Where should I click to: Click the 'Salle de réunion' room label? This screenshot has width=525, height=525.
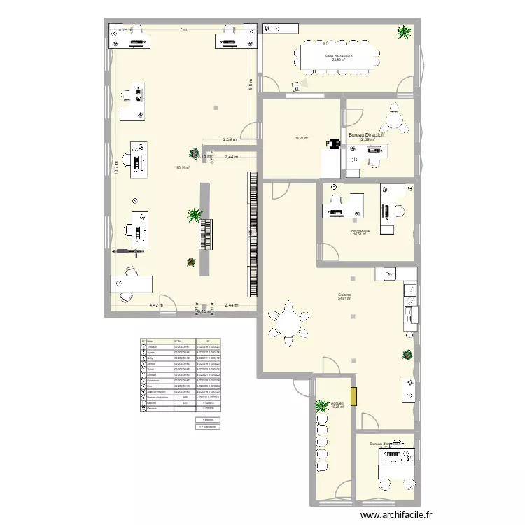(339, 55)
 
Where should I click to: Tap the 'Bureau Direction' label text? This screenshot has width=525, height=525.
(366, 134)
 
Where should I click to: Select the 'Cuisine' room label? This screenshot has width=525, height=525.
(344, 295)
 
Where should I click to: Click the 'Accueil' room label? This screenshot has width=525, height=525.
(337, 404)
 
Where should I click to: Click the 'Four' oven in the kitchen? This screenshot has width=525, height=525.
(390, 274)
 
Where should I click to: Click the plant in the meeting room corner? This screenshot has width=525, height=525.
(403, 32)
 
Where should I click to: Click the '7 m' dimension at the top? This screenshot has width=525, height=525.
(183, 29)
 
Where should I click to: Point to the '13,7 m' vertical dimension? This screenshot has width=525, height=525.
(117, 167)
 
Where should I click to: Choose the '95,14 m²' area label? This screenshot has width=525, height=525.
(183, 167)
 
